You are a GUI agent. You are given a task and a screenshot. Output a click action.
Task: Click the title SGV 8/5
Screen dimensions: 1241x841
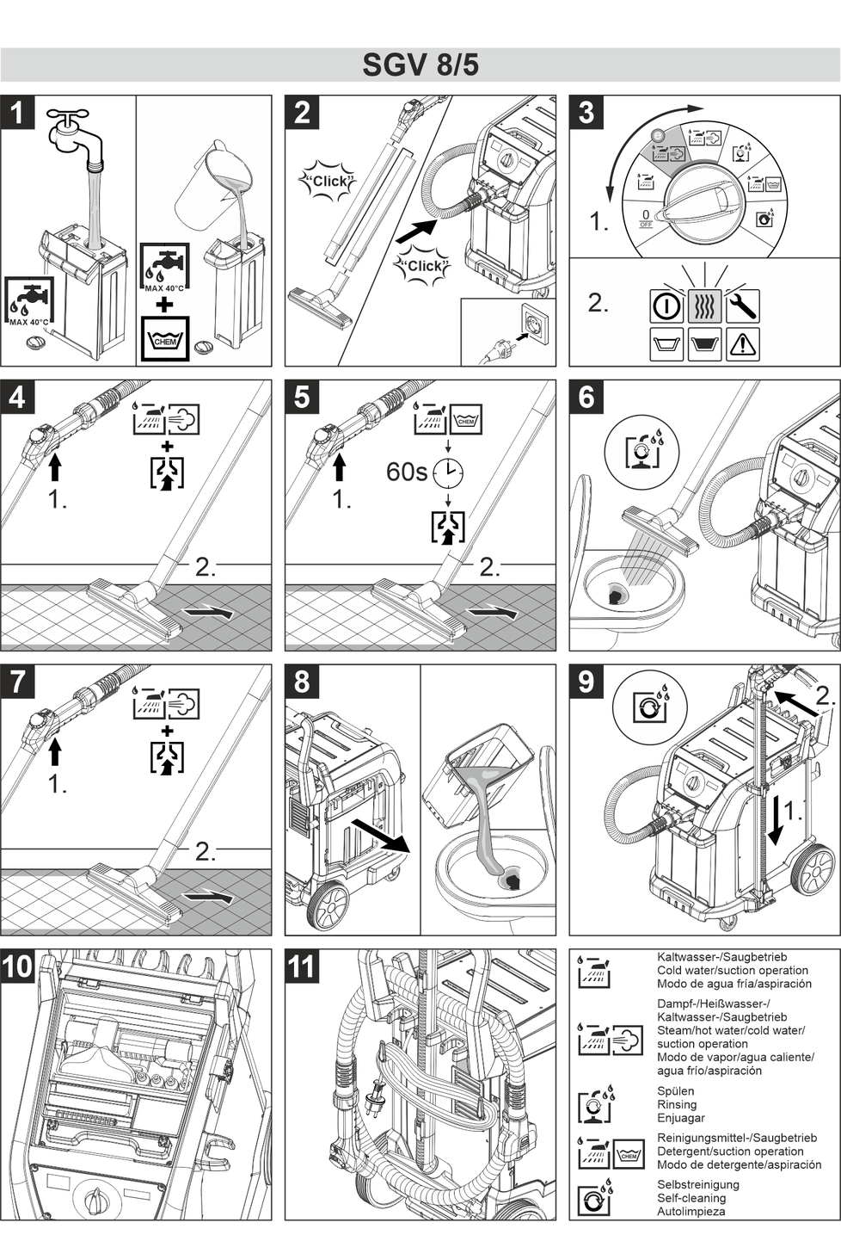coord(420,65)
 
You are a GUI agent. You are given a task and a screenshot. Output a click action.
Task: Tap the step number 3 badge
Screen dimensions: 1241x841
coord(586,113)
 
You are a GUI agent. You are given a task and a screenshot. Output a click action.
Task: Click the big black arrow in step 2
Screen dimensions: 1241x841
coord(416,230)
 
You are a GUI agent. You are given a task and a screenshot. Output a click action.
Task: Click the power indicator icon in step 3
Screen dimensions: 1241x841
coord(666,306)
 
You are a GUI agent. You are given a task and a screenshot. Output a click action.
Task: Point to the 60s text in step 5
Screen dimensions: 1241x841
coord(406,472)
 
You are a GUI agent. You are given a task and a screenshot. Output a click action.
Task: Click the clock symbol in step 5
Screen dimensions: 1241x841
coord(447,472)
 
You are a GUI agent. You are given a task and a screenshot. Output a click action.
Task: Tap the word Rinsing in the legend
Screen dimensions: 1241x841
coord(677,1104)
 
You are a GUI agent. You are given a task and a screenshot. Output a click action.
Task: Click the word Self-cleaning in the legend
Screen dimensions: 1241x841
coord(691,1197)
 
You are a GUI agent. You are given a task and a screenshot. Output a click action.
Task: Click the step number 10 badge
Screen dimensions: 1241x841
coord(18,966)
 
